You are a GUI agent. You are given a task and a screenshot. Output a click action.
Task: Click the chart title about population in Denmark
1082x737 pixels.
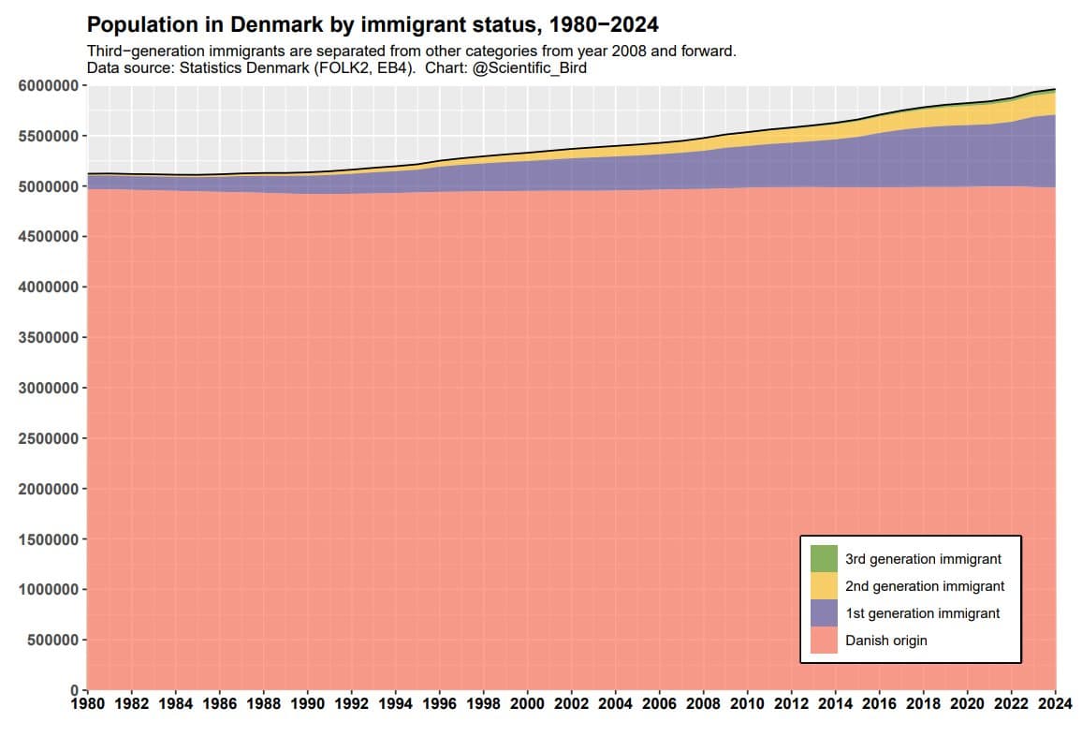(373, 24)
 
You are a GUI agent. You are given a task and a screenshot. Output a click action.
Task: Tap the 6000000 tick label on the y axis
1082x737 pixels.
(48, 86)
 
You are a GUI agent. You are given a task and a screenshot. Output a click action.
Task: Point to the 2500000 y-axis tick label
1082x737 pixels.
(48, 439)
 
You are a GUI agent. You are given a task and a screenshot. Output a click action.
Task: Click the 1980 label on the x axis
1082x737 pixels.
(87, 703)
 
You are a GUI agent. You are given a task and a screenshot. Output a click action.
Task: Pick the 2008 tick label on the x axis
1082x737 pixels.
(704, 703)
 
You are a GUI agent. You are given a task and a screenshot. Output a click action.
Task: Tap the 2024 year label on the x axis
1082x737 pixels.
(1055, 703)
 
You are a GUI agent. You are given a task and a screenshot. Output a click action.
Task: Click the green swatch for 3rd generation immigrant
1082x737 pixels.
(824, 559)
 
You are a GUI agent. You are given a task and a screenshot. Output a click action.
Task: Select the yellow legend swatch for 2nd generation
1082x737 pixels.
(824, 586)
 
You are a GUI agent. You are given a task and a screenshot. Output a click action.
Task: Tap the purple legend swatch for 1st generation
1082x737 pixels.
(824, 613)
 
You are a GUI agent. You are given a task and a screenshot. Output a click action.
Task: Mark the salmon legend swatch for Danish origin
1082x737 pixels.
(824, 641)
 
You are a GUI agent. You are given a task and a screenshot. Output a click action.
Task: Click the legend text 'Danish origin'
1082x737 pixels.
(885, 641)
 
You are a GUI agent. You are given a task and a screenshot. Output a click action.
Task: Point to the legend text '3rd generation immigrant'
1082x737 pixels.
(923, 559)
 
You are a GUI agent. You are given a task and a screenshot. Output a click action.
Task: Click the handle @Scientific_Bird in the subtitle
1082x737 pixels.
(530, 68)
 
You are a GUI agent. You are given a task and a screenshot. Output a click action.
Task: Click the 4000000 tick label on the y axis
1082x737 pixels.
(48, 287)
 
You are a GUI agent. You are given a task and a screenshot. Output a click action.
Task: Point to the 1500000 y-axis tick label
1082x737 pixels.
(48, 539)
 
